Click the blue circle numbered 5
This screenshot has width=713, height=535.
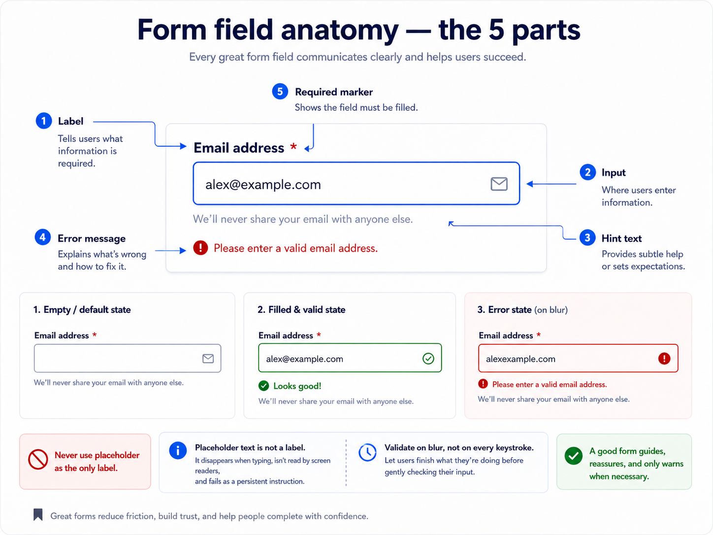(280, 92)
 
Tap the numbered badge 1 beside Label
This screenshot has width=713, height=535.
(43, 121)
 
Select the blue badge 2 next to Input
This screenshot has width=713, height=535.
(587, 172)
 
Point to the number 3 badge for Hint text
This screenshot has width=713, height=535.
(587, 238)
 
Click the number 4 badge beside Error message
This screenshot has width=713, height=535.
(42, 237)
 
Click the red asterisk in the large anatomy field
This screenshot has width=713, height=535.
(293, 146)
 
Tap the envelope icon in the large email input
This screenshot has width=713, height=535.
(499, 184)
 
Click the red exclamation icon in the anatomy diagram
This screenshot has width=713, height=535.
(200, 248)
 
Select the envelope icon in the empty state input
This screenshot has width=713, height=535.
(208, 359)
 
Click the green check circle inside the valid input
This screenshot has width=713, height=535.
(428, 359)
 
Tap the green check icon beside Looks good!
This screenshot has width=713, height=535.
(263, 386)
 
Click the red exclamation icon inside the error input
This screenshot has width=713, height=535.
(664, 359)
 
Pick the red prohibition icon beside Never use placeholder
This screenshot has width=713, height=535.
(38, 459)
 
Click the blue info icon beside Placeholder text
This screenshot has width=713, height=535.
(178, 451)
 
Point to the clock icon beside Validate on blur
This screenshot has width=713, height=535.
(367, 452)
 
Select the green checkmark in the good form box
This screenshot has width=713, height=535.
(573, 456)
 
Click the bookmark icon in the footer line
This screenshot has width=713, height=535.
(38, 514)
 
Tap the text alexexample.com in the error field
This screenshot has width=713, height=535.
(520, 359)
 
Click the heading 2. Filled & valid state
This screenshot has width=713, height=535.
(301, 309)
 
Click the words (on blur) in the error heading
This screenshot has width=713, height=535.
(551, 310)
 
